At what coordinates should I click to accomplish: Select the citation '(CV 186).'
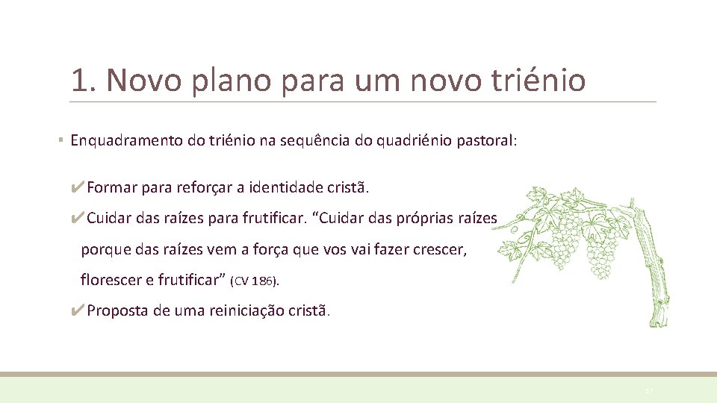tap(255, 281)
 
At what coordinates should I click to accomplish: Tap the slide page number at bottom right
tap(648, 390)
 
